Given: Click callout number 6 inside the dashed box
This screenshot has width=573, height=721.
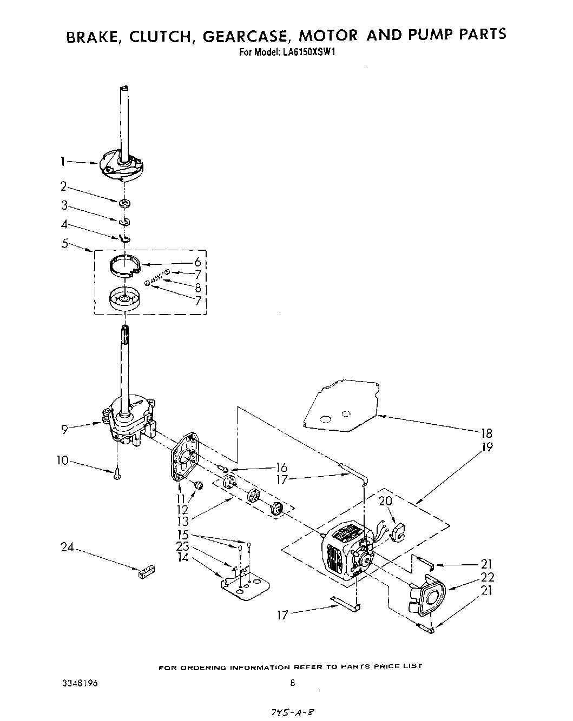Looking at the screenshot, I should (197, 262).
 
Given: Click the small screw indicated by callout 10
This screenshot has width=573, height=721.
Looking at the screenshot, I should (117, 474).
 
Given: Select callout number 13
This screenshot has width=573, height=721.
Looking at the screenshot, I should (183, 521).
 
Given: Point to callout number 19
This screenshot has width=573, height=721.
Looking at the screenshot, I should (487, 448).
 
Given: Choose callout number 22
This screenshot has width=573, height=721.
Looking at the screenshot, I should (488, 577).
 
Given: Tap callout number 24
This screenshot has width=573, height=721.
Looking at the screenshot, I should (67, 548).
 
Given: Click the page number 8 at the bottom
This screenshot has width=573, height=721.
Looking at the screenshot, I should (292, 683).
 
